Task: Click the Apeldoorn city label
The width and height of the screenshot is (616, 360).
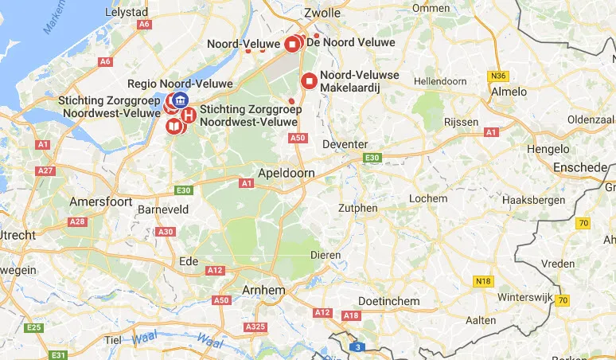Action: [287, 172]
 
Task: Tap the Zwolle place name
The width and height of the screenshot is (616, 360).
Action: [322, 14]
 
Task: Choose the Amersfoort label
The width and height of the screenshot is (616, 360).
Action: [100, 202]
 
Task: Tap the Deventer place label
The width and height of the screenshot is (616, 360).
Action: [345, 144]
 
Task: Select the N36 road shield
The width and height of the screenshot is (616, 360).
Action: [499, 76]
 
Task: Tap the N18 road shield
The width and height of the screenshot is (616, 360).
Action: [481, 281]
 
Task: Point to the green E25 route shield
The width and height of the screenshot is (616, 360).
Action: [33, 327]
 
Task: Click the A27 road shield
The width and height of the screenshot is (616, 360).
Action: [46, 170]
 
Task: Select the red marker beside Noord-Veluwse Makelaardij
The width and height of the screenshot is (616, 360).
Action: [310, 80]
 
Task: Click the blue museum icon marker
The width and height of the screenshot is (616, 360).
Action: [181, 100]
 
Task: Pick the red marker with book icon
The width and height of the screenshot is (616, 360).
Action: [173, 127]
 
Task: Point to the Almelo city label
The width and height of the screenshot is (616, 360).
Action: [509, 92]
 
